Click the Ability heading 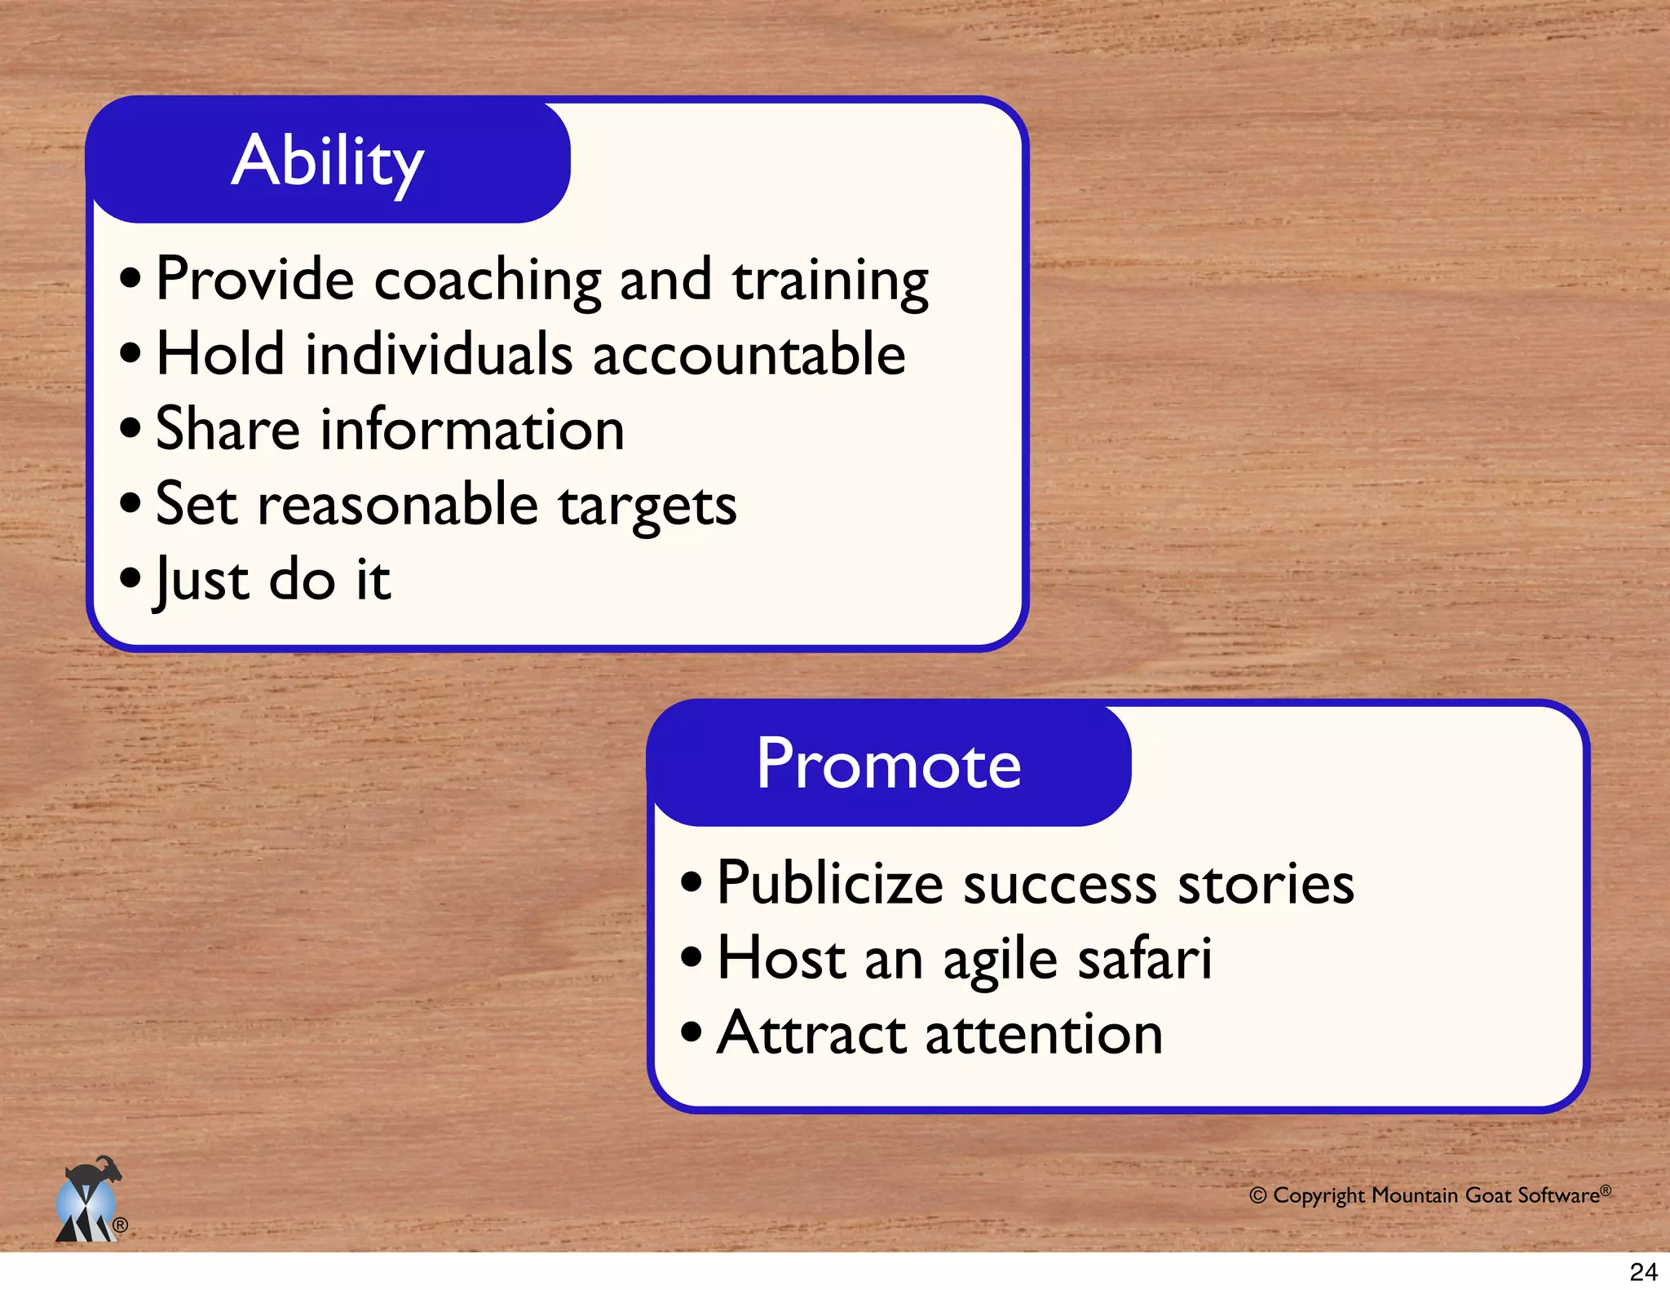coord(328,161)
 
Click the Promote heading coord(888,765)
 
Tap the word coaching coord(487,281)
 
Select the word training coord(829,281)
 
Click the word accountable coord(749,355)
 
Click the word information coord(472,430)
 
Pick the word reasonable coord(398,505)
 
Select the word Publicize coord(829,884)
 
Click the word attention coord(1044,1034)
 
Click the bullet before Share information coord(130,428)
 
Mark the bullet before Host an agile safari coord(691,956)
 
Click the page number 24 coord(1643,1271)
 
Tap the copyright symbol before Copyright coord(1257,1195)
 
